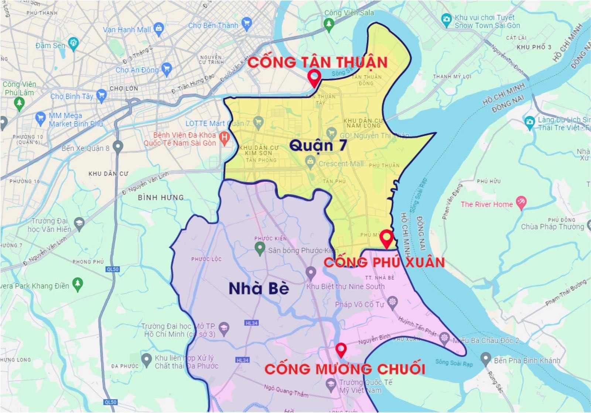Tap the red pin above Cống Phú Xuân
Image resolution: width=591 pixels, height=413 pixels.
tap(387, 237)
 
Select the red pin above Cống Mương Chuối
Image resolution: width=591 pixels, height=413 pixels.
tap(341, 349)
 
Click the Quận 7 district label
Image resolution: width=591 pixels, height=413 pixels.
tap(318, 145)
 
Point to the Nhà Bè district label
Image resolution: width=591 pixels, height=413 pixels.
tap(259, 288)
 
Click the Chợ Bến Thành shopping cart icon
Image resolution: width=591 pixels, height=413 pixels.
tap(246, 24)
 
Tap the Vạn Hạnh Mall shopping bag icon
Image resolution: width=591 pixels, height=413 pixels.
tap(159, 29)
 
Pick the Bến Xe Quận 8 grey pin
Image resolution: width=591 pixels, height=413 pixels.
tap(118, 147)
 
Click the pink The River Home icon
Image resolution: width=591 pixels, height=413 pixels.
tap(521, 203)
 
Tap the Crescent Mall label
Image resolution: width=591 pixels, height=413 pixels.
tap(341, 164)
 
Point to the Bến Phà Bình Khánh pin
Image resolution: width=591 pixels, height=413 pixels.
tap(486, 358)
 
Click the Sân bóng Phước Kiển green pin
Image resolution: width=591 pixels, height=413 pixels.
tap(260, 248)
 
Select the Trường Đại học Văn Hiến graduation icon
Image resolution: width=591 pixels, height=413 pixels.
tap(79, 223)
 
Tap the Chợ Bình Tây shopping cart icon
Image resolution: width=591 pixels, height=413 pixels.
tap(101, 96)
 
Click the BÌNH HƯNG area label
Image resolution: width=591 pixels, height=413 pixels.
tap(161, 197)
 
